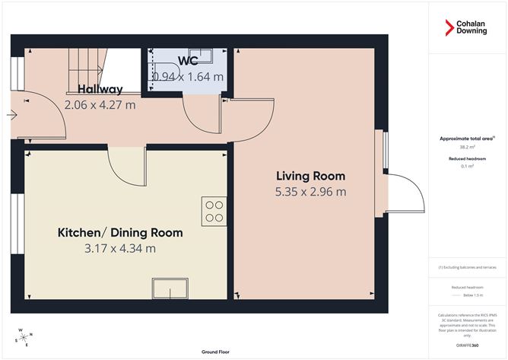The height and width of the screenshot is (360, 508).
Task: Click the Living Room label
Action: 310,176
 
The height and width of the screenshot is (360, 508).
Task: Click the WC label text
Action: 189,60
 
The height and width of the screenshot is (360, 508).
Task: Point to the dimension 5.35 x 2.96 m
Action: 310,192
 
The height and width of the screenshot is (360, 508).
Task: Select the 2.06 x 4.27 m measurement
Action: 100,105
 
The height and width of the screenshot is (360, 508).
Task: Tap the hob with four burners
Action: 214,211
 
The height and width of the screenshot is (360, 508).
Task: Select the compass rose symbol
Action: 23,336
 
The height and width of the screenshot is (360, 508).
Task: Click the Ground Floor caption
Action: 216,352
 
